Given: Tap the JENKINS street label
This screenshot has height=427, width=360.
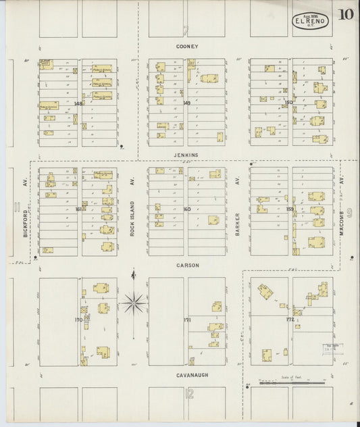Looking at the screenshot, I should pyautogui.click(x=186, y=155).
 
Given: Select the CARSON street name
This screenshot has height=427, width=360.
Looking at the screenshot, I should pyautogui.click(x=187, y=266).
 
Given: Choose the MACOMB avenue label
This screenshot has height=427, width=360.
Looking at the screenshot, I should pyautogui.click(x=343, y=203).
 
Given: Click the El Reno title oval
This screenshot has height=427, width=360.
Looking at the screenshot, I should pyautogui.click(x=310, y=21).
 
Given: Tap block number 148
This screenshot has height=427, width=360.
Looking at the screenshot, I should pyautogui.click(x=78, y=103).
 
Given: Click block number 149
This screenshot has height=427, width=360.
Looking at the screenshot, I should pyautogui.click(x=186, y=103).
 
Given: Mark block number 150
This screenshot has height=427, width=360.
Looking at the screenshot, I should pyautogui.click(x=288, y=103).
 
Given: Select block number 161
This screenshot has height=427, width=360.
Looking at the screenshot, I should pyautogui.click(x=79, y=209).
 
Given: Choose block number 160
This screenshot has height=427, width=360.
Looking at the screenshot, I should pyautogui.click(x=187, y=209).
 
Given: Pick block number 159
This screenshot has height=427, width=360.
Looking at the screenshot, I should pyautogui.click(x=289, y=209).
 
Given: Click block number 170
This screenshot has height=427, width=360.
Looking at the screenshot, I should pyautogui.click(x=78, y=319).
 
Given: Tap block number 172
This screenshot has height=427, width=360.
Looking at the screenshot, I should pyautogui.click(x=290, y=319).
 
